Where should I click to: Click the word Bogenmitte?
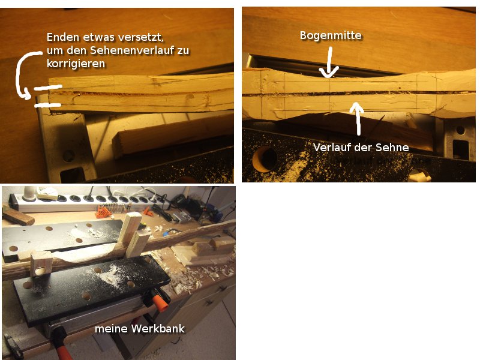[331, 35]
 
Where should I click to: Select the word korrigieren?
[76, 64]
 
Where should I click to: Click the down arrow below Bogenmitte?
[329, 62]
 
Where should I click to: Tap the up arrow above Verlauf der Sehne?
[357, 119]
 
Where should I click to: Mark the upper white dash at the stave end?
[48, 88]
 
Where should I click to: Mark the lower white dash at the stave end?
[48, 106]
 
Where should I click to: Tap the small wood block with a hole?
[41, 263]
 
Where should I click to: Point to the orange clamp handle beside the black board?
[160, 302]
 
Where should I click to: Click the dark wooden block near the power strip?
[18, 216]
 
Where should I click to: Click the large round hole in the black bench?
[265, 159]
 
